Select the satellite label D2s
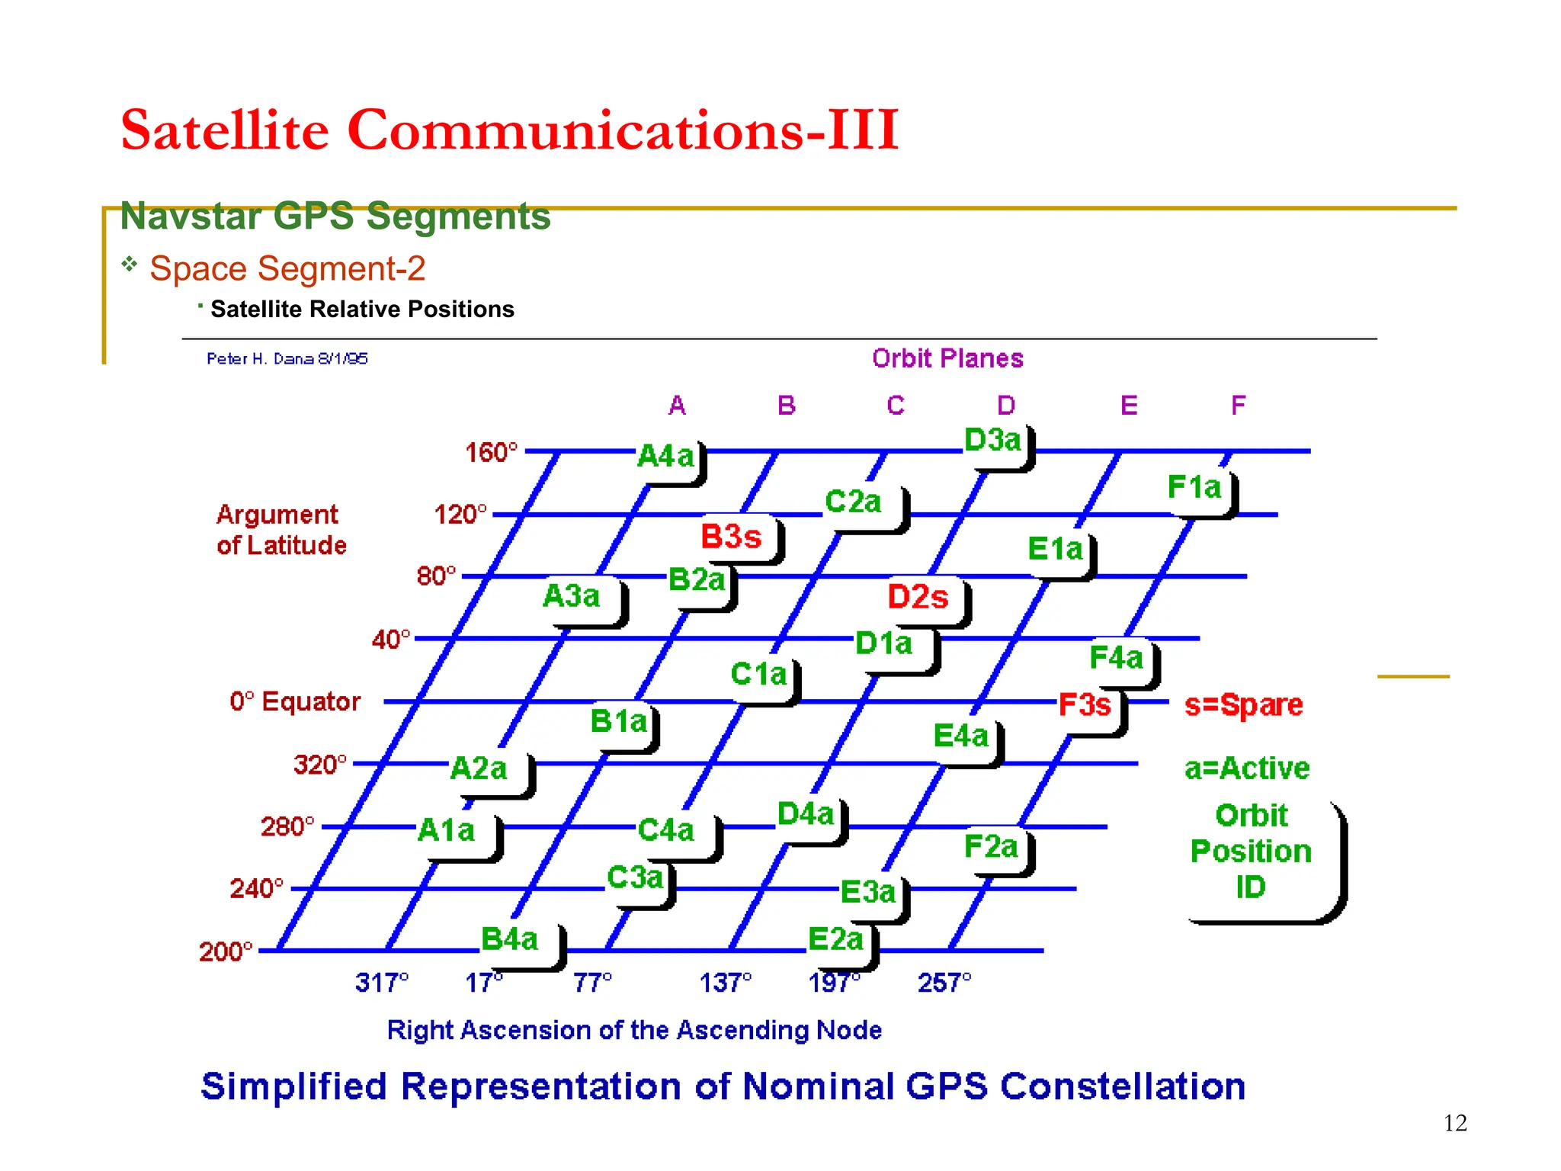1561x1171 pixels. tap(918, 597)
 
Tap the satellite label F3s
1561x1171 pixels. tap(1085, 705)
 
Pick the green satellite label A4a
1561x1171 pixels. tap(665, 457)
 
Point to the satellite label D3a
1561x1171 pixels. tap(992, 441)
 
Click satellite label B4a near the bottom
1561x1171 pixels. tap(510, 939)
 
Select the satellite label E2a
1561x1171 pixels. tap(836, 939)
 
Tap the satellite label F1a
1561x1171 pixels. tap(1194, 487)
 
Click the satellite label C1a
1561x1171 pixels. tap(758, 674)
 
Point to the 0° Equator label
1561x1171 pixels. tap(295, 701)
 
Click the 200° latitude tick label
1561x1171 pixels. tap(226, 951)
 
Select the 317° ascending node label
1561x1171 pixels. tap(382, 983)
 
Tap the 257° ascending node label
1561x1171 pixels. tap(944, 983)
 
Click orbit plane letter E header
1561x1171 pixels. tap(1129, 406)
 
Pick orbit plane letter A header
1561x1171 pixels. tap(677, 406)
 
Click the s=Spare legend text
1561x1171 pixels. tap(1243, 705)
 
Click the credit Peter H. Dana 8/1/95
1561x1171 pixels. tap(287, 359)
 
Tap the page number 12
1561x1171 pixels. tap(1454, 1123)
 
